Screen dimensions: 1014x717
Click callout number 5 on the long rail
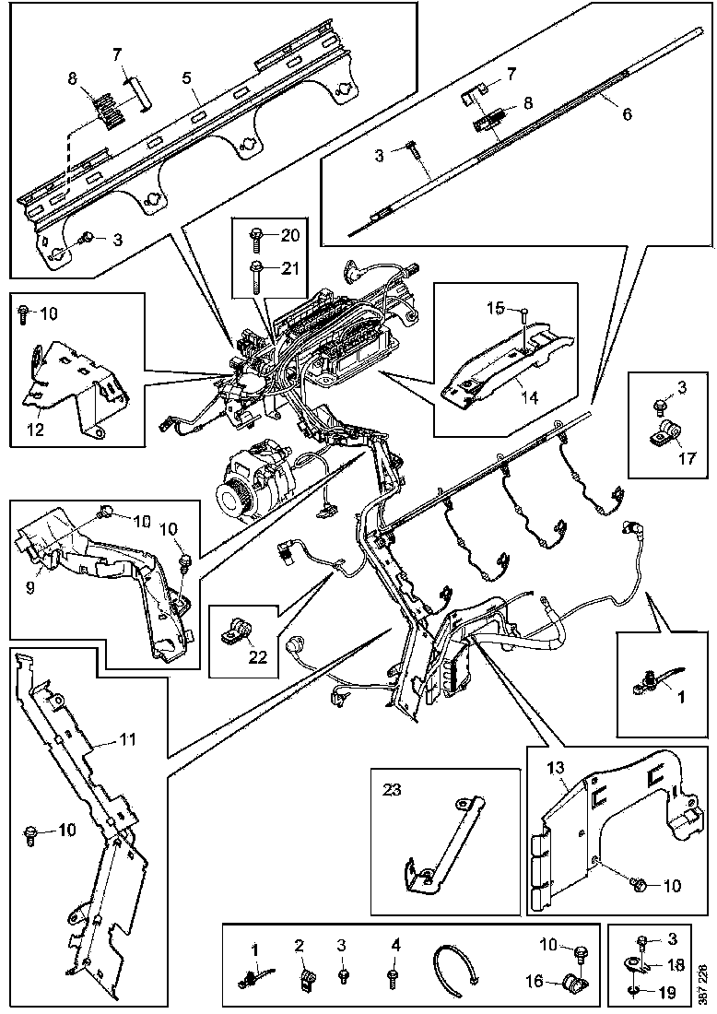click(x=189, y=79)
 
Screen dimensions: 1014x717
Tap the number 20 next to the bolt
click(x=289, y=235)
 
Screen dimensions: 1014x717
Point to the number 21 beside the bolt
click(x=289, y=267)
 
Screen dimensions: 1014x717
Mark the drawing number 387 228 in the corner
click(x=704, y=983)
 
